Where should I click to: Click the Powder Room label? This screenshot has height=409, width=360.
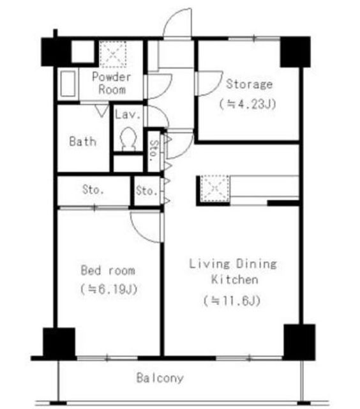pyautogui.click(x=112, y=83)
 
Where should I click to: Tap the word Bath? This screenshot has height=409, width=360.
pyautogui.click(x=83, y=142)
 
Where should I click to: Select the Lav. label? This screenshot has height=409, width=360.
pyautogui.click(x=128, y=114)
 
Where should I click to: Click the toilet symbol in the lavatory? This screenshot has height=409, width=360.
pyautogui.click(x=129, y=139)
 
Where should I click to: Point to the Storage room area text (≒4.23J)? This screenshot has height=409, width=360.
pyautogui.click(x=248, y=104)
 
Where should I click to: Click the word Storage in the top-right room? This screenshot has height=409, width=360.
pyautogui.click(x=250, y=84)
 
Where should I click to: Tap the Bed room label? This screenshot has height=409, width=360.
pyautogui.click(x=108, y=270)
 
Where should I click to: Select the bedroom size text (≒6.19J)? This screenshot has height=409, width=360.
pyautogui.click(x=109, y=289)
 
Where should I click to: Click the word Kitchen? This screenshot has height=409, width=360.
pyautogui.click(x=235, y=279)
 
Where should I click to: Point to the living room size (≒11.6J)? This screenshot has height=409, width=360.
pyautogui.click(x=232, y=301)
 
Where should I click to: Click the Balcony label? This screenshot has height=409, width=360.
pyautogui.click(x=160, y=378)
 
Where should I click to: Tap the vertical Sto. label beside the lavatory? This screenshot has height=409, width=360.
pyautogui.click(x=154, y=151)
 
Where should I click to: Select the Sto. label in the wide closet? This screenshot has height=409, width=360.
pyautogui.click(x=93, y=190)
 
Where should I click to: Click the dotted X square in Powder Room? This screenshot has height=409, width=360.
pyautogui.click(x=113, y=54)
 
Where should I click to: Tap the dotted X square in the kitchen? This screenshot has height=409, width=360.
pyautogui.click(x=215, y=189)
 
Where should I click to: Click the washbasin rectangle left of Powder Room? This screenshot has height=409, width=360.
pyautogui.click(x=68, y=84)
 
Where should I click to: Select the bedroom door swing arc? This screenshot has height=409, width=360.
pyautogui.click(x=138, y=232)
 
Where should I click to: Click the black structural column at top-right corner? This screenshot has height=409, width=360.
pyautogui.click(x=295, y=52)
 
